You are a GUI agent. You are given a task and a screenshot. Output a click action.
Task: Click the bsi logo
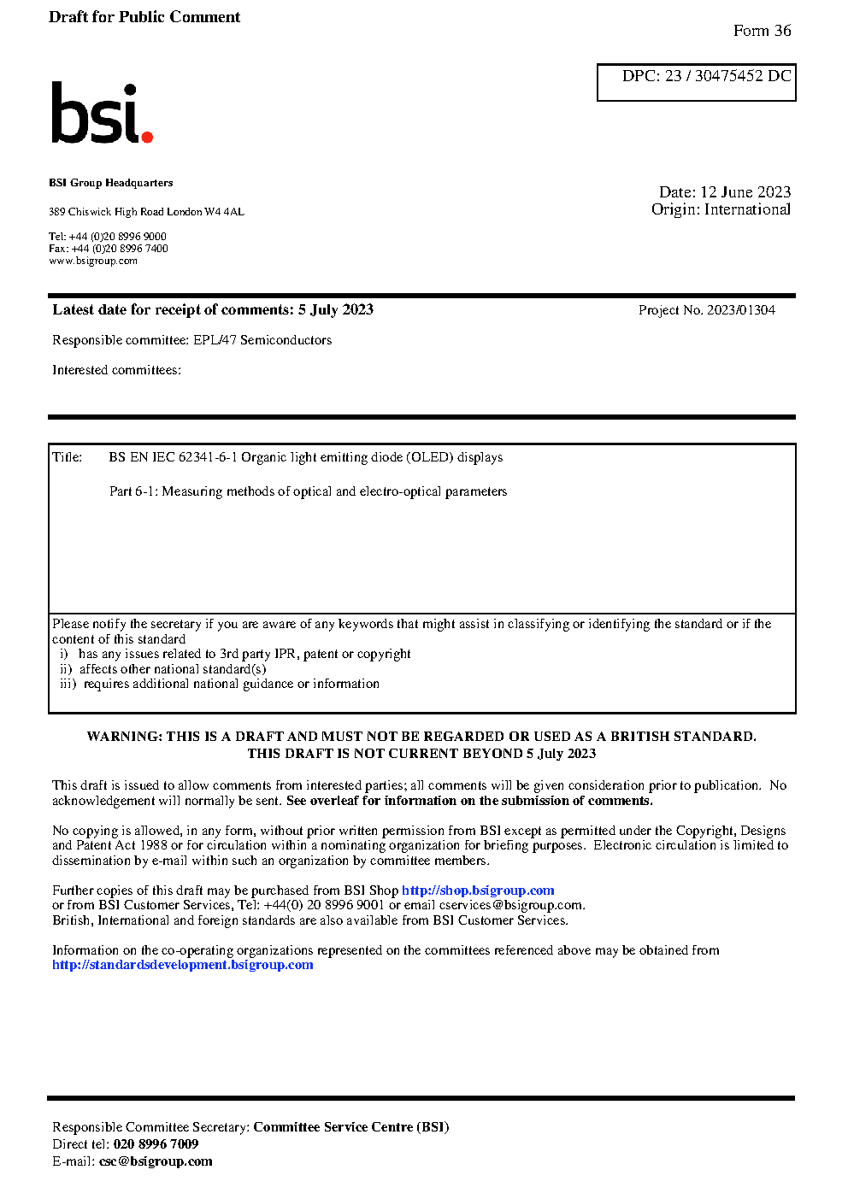[x=101, y=113]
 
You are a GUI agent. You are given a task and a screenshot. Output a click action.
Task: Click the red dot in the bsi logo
[x=147, y=136]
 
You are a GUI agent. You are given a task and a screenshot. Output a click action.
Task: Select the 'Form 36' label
[x=762, y=31]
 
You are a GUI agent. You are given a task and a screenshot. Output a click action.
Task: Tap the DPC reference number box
[x=697, y=82]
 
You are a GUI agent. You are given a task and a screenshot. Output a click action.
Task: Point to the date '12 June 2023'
[x=745, y=192]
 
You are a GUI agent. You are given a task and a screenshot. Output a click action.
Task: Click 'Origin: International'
[x=721, y=209]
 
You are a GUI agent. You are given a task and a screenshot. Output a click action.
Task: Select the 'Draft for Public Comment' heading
[x=144, y=17]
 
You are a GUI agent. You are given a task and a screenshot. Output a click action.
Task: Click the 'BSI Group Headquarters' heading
[x=110, y=183]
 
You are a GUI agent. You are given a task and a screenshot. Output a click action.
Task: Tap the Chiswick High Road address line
[x=146, y=212]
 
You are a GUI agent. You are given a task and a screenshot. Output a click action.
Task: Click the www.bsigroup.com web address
[x=93, y=261]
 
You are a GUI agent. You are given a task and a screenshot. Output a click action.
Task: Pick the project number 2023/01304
[x=740, y=310]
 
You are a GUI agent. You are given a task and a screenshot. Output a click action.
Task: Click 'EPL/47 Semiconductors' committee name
[x=262, y=340]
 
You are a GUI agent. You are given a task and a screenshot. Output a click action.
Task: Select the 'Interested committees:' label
[x=116, y=370]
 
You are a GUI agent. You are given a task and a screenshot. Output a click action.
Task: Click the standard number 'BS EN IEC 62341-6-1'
[x=173, y=457]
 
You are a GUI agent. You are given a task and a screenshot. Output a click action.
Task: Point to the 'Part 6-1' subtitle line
[x=308, y=491]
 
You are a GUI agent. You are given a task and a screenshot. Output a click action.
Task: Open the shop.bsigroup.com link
[x=478, y=890]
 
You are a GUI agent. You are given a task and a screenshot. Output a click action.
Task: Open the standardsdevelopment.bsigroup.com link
[x=182, y=965]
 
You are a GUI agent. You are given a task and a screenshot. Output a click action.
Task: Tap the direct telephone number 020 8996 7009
[x=156, y=1144]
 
